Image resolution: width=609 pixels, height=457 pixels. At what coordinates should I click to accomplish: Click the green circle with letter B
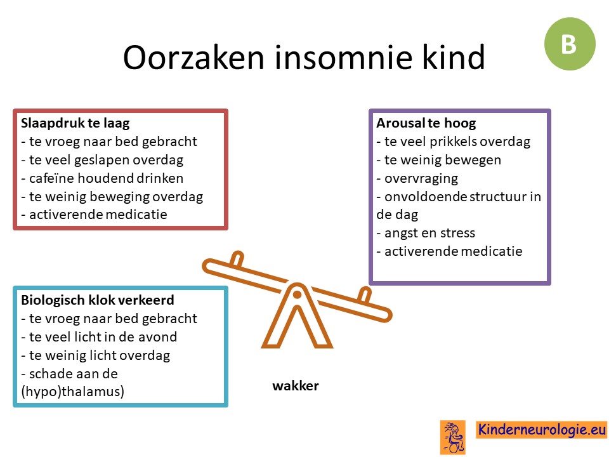click(x=570, y=44)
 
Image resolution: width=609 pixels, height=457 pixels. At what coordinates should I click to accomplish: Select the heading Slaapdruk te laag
click(x=75, y=123)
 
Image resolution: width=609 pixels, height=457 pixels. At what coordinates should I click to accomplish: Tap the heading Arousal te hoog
click(x=426, y=123)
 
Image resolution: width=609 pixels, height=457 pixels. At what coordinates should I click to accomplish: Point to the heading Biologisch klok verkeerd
click(x=98, y=300)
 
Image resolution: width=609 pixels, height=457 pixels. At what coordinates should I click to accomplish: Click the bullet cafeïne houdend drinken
click(x=102, y=178)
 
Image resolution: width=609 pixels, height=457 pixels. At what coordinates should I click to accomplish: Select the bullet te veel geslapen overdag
click(x=102, y=160)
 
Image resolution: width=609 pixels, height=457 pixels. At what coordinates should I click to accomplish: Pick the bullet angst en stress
click(x=426, y=233)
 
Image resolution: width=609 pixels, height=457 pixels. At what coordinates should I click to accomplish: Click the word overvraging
click(x=421, y=179)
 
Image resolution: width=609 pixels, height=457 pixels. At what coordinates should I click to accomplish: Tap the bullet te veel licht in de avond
click(x=99, y=336)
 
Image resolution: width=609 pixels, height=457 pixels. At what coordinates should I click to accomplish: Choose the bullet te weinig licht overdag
click(x=96, y=355)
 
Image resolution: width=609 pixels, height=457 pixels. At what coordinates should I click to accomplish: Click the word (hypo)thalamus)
click(x=72, y=392)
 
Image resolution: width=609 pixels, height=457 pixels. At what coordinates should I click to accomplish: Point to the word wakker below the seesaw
click(x=296, y=386)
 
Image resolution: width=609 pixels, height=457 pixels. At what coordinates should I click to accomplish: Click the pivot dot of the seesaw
click(x=297, y=295)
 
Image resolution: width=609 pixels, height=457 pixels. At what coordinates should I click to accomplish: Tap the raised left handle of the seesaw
click(x=237, y=259)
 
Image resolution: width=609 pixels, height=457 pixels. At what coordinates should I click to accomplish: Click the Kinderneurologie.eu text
click(x=541, y=430)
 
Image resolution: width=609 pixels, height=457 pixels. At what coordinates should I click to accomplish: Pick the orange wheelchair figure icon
click(x=453, y=437)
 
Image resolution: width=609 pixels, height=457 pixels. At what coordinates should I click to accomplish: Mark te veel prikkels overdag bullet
click(x=453, y=142)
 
